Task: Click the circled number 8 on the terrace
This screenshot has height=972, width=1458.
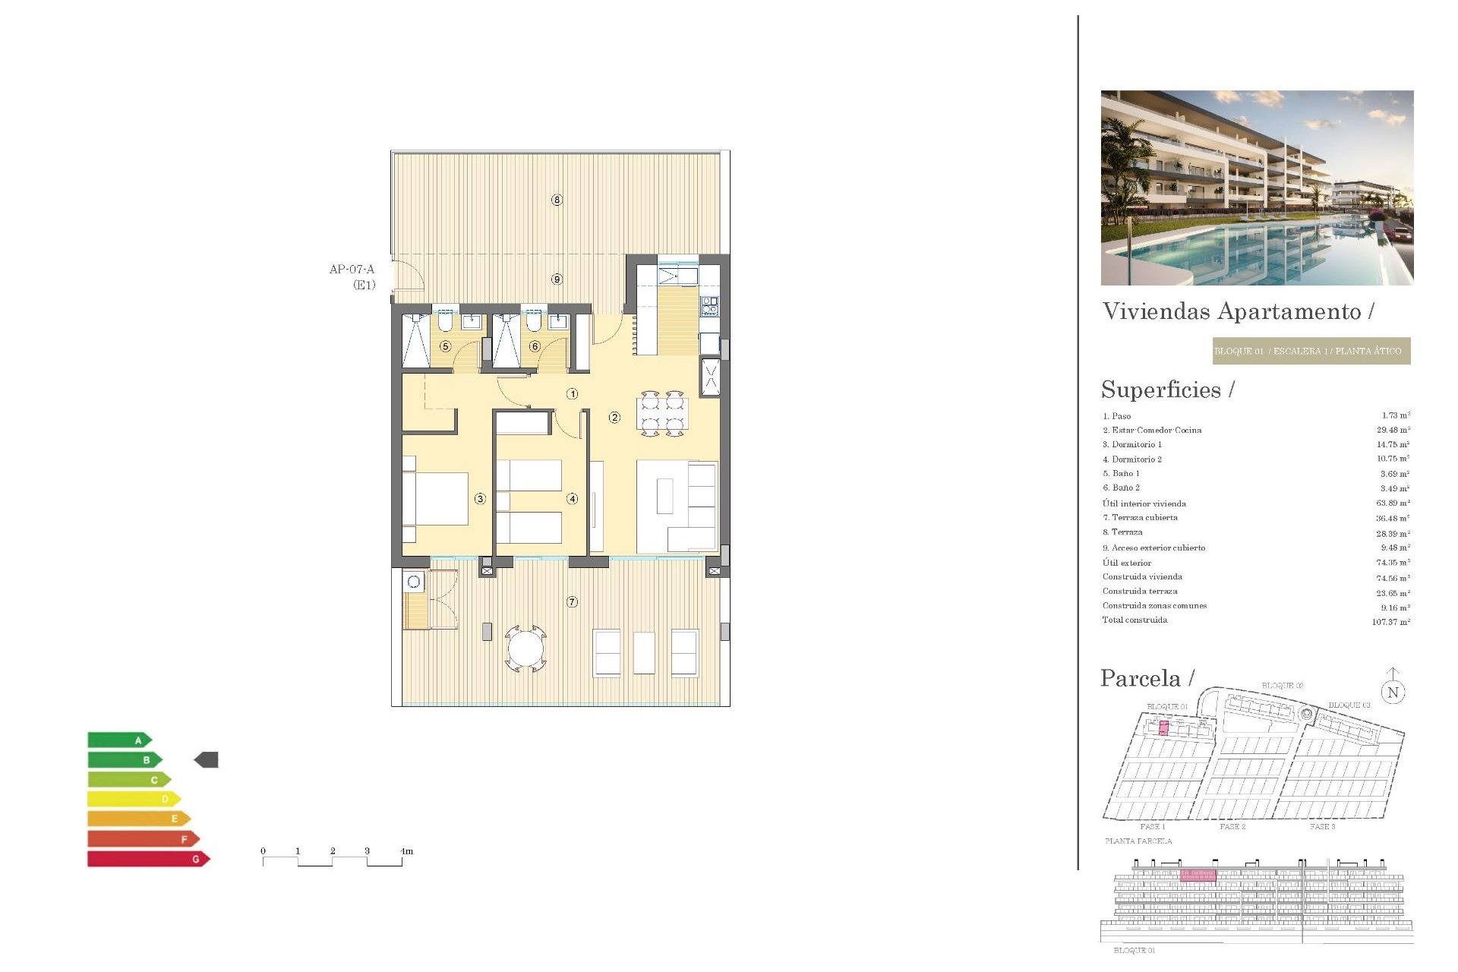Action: pyautogui.click(x=557, y=200)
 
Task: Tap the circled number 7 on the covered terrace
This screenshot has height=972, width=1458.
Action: pyautogui.click(x=572, y=602)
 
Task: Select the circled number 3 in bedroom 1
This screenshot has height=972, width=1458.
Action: pyautogui.click(x=480, y=499)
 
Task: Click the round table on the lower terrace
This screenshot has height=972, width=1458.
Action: pyautogui.click(x=525, y=649)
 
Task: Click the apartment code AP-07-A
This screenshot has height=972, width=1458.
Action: pyautogui.click(x=352, y=270)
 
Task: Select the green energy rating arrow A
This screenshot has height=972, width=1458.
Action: pyautogui.click(x=119, y=740)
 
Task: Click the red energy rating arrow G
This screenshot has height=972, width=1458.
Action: pyautogui.click(x=148, y=859)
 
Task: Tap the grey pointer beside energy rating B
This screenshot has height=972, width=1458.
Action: pyautogui.click(x=207, y=759)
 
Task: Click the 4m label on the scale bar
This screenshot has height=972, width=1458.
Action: pyautogui.click(x=407, y=851)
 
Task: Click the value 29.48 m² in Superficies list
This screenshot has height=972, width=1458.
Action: pyautogui.click(x=1393, y=430)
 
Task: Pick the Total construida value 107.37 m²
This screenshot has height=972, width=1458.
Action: pyautogui.click(x=1390, y=622)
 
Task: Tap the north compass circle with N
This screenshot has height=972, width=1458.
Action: pyautogui.click(x=1393, y=692)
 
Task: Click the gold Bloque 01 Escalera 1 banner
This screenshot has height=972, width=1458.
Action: pyautogui.click(x=1311, y=351)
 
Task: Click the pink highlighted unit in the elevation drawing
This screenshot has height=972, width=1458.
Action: pyautogui.click(x=1198, y=876)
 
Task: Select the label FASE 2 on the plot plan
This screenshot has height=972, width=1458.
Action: pyautogui.click(x=1232, y=826)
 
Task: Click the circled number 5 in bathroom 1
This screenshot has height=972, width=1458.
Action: pyautogui.click(x=446, y=346)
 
